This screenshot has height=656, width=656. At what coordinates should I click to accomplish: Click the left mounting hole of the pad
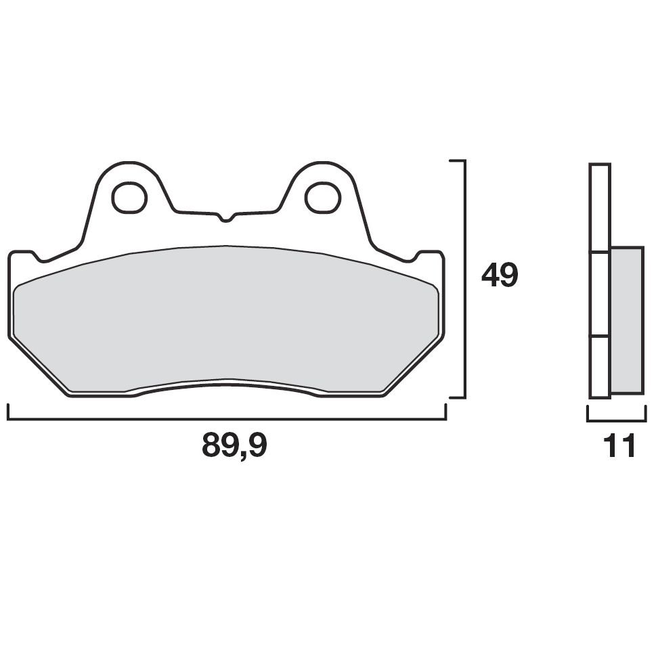[x=129, y=197]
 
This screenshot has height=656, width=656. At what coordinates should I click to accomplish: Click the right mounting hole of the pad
[x=322, y=197]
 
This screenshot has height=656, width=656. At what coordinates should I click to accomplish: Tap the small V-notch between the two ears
[x=226, y=218]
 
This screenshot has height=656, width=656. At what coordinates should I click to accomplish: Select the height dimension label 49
[x=500, y=276]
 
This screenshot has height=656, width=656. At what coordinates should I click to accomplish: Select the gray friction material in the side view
[x=626, y=320]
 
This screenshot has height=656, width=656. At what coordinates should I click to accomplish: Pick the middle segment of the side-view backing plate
[x=600, y=294]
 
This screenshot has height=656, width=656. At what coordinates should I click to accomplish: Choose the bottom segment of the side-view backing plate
[x=600, y=366]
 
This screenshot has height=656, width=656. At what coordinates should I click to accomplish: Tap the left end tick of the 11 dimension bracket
[x=588, y=413]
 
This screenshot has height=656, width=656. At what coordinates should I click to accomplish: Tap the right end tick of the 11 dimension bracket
[x=643, y=413]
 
